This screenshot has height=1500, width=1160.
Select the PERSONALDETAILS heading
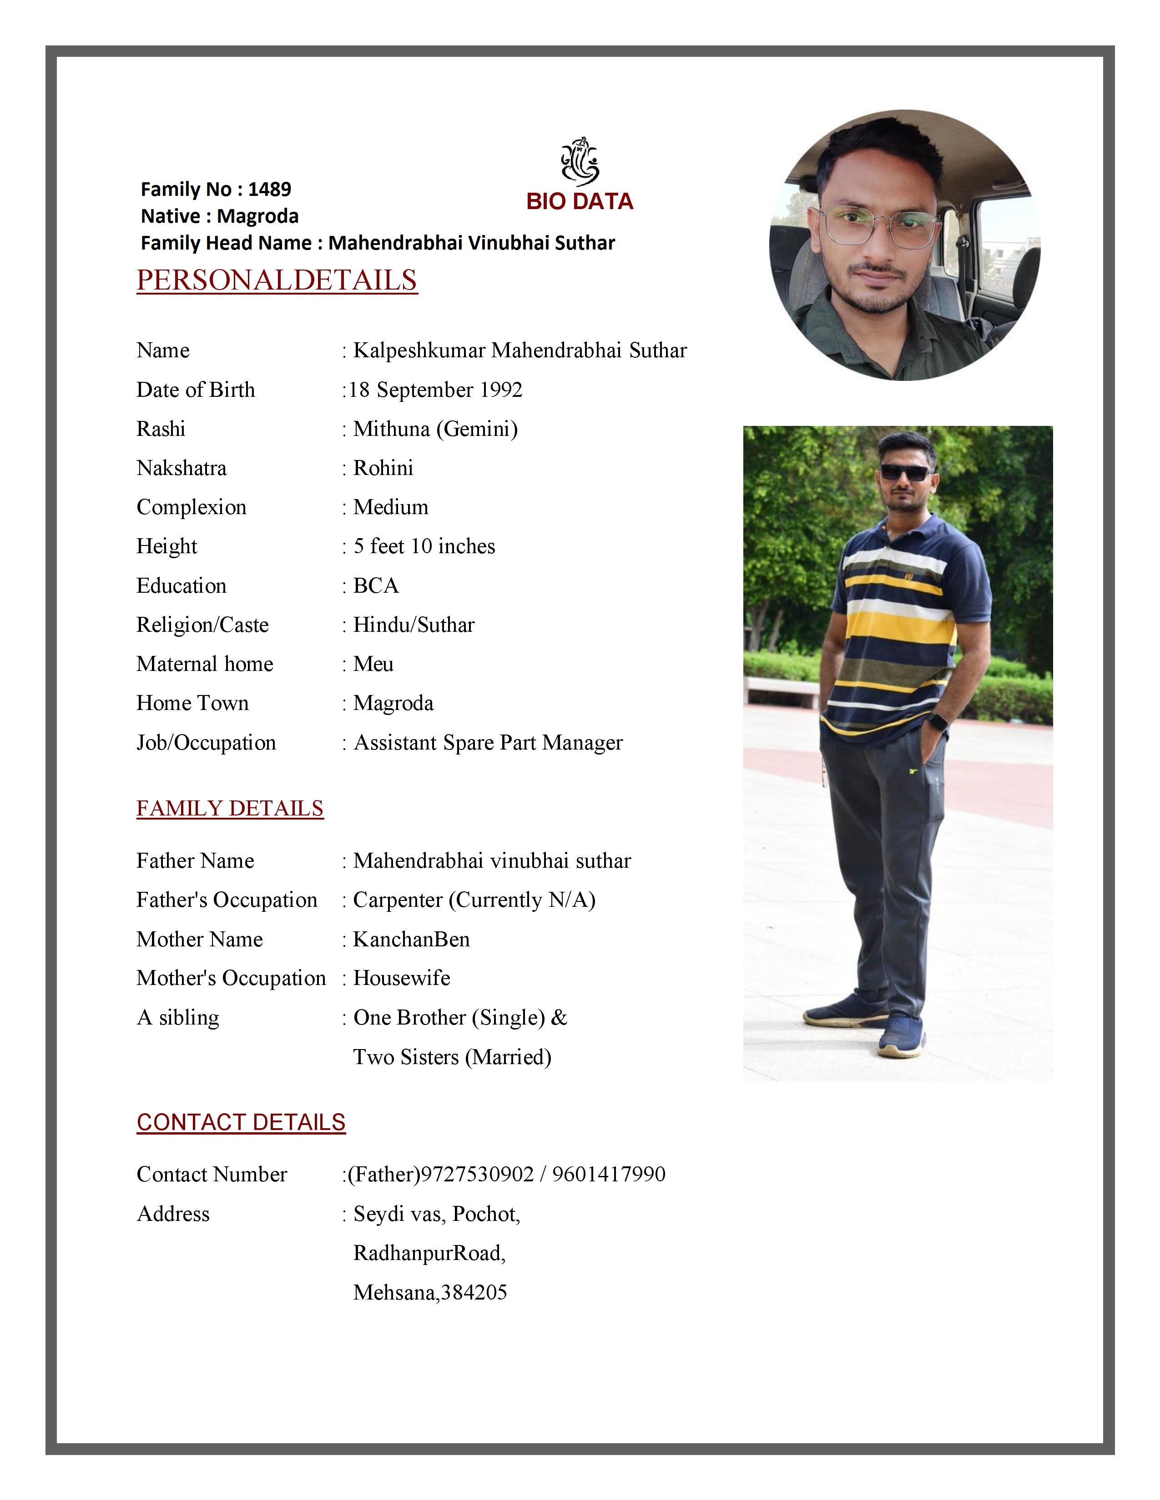point(277,280)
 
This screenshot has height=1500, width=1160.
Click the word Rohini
point(383,468)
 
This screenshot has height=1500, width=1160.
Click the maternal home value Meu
point(373,664)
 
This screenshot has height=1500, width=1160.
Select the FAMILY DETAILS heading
point(230,808)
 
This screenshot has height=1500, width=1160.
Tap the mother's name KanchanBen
point(411,939)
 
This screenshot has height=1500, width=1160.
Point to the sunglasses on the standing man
point(905,473)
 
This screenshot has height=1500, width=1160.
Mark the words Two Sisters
point(405,1056)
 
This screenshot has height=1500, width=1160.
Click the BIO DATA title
point(579,201)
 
